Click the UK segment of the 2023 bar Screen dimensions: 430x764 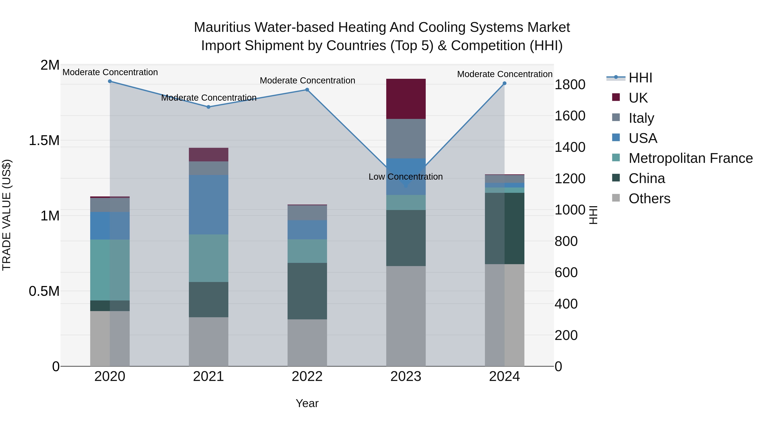406,99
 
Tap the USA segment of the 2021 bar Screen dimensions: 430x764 208,204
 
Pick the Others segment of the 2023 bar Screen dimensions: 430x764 406,316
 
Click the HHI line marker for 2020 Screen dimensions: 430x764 110,81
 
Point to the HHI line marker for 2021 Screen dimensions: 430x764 208,107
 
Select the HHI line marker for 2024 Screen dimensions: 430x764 504,83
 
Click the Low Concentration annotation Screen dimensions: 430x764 405,177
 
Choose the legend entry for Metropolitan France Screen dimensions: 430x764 690,158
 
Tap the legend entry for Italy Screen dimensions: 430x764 641,118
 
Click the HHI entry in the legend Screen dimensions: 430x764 640,78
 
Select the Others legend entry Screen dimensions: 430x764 649,199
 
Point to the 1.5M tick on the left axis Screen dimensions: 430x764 44,140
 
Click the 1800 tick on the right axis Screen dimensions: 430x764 569,85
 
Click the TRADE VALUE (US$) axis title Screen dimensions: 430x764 7,215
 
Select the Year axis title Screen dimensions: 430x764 307,403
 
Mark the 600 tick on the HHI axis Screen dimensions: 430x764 566,272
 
